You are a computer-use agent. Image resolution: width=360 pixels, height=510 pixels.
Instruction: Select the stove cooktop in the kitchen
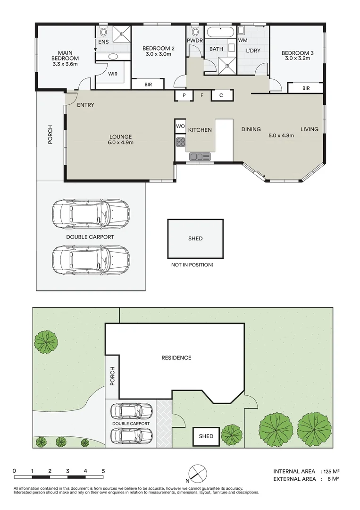[180, 141]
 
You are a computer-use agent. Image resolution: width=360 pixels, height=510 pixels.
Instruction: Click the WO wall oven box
[180, 127]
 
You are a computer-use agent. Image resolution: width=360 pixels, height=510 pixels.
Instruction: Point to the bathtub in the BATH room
[220, 33]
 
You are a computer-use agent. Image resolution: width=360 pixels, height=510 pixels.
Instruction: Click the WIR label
[113, 74]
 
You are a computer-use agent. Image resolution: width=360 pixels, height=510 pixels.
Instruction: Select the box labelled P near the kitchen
[184, 95]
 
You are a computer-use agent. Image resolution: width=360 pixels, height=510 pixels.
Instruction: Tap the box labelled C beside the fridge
[220, 95]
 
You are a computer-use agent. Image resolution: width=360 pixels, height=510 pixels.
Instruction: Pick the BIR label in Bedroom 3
[306, 88]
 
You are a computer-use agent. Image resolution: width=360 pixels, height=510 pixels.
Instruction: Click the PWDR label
[194, 41]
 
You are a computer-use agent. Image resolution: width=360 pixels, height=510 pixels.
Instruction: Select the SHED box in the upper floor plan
[195, 238]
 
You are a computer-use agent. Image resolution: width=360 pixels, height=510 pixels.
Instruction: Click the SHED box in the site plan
[206, 436]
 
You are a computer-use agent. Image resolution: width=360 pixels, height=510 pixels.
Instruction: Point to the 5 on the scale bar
[103, 471]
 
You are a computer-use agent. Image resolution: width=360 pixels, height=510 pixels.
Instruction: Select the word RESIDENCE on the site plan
[176, 358]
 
